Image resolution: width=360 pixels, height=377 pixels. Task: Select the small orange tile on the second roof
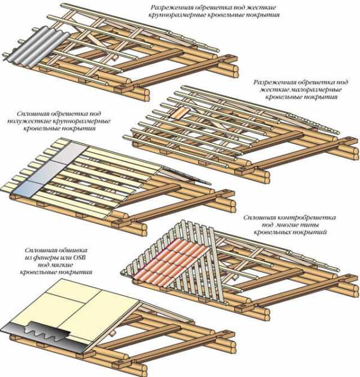click(179, 114)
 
